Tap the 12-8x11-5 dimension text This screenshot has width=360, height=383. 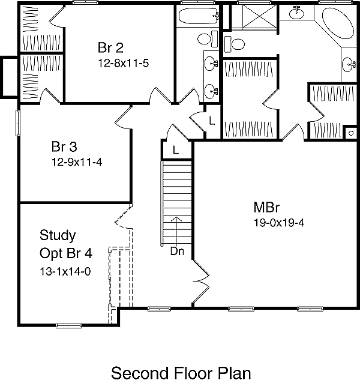tap(124, 62)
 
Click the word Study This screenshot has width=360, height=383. tap(58, 234)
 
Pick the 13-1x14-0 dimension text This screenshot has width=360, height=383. tap(65, 271)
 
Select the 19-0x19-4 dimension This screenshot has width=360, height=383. tap(280, 223)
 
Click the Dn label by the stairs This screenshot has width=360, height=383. tap(177, 252)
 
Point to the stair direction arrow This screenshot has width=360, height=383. tap(177, 228)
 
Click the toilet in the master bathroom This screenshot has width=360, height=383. tap(235, 44)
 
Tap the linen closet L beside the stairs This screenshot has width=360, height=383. tap(175, 149)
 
